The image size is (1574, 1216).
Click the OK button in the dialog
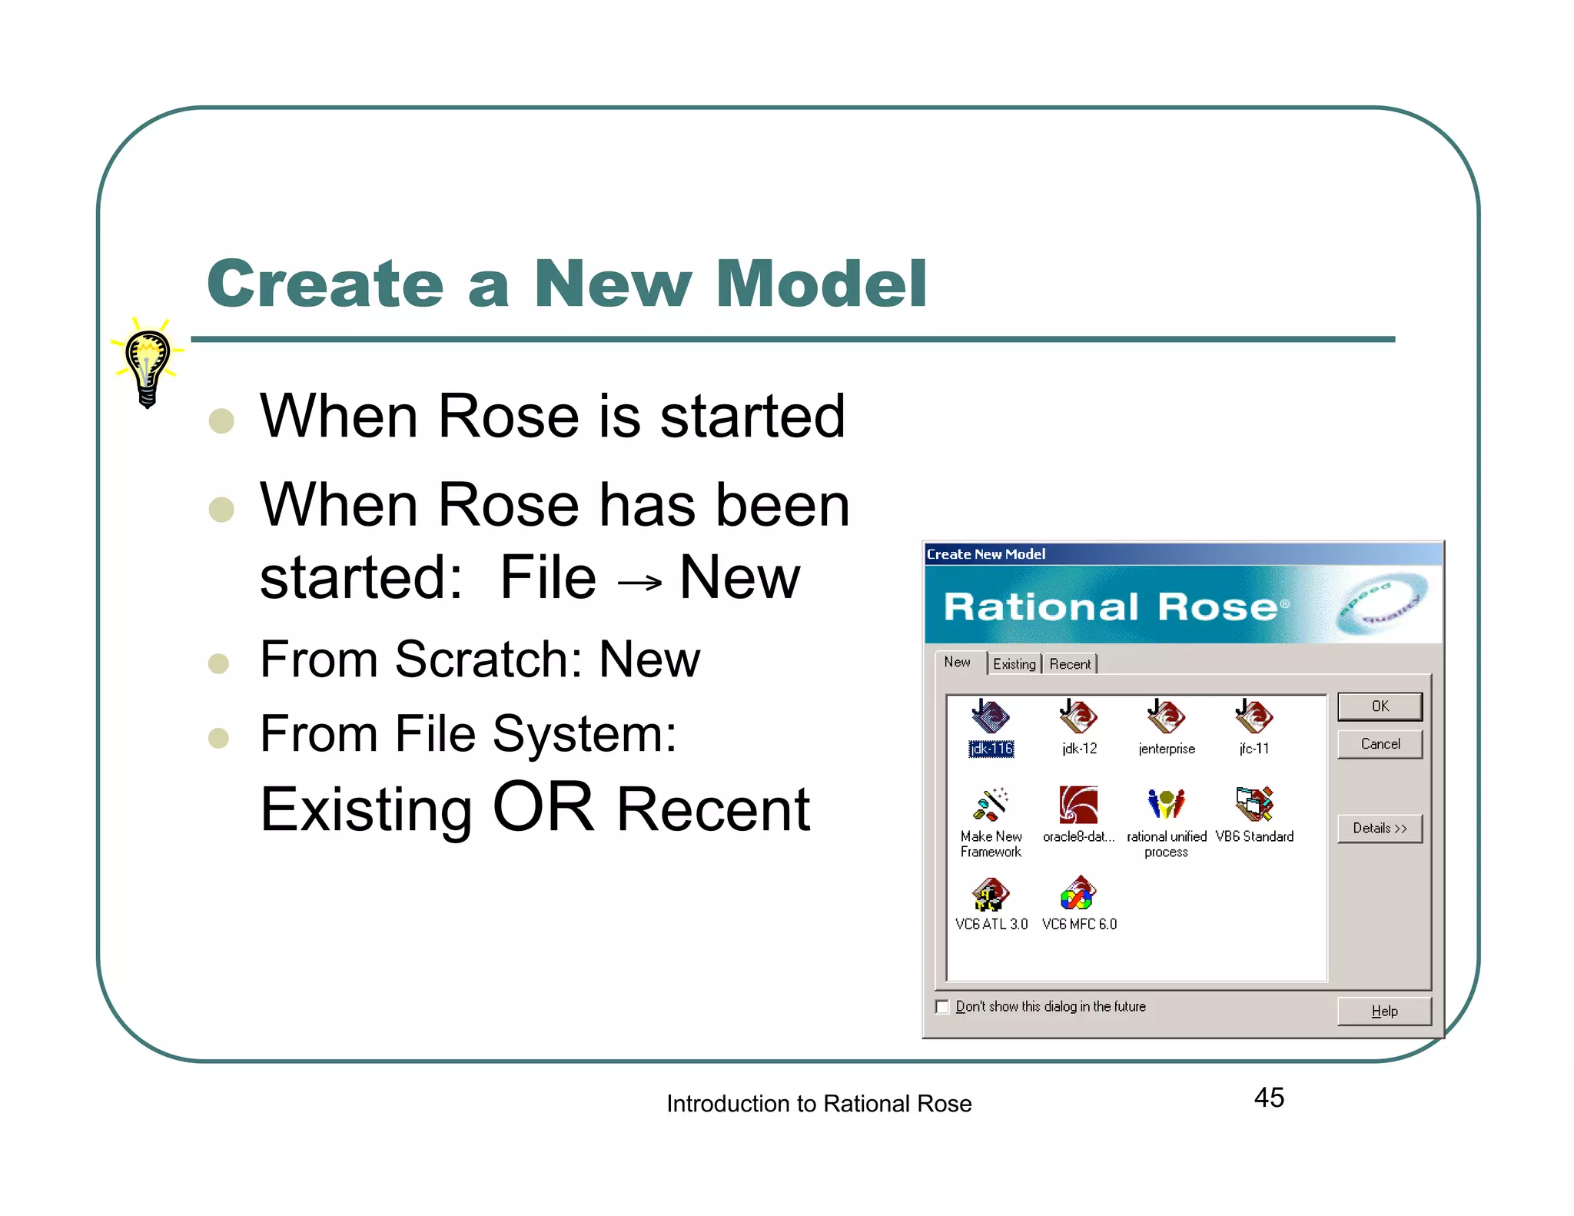pos(1380,706)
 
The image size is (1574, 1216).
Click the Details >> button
pos(1380,829)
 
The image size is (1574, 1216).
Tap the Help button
pos(1384,1012)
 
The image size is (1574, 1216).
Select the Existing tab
pos(1014,664)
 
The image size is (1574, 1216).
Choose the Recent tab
pos(1070,664)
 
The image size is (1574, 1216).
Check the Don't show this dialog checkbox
pos(942,1007)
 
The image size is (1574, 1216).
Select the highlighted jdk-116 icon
pos(991,717)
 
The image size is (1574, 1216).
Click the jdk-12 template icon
pos(1078,717)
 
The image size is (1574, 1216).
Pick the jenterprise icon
pos(1166,717)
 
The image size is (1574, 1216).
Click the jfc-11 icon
pos(1254,717)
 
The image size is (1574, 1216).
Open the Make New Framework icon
pos(991,805)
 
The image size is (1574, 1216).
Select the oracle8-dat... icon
pos(1078,805)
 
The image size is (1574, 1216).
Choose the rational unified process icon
pos(1166,805)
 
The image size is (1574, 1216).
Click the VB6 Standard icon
pos(1254,805)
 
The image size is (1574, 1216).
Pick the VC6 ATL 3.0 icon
pos(991,894)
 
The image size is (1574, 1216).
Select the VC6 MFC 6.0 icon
pos(1078,894)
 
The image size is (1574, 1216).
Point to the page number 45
pos(1269,1098)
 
